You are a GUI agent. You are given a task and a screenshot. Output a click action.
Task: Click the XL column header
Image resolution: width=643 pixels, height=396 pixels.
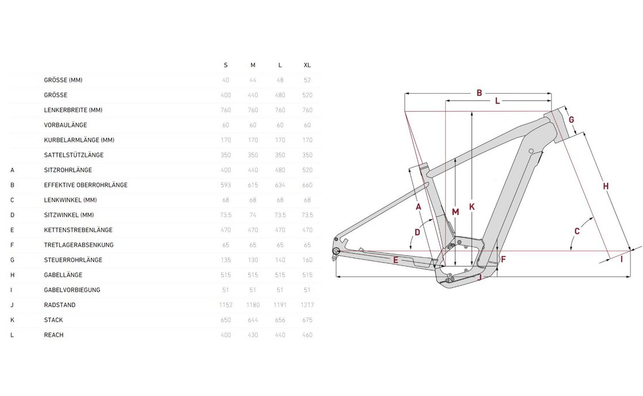[x=307, y=65]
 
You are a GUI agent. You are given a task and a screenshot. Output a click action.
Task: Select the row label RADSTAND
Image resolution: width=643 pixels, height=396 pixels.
[x=60, y=305]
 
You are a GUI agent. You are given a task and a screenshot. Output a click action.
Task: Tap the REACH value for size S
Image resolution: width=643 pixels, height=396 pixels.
[x=225, y=335]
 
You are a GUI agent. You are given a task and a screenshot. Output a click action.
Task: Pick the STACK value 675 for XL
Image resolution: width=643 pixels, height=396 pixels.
[x=307, y=320]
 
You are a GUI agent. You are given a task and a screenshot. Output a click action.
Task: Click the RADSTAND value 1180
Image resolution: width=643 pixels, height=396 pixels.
[x=253, y=305]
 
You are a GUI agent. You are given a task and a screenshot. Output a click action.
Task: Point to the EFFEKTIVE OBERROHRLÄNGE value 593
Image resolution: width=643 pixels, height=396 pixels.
[x=225, y=185]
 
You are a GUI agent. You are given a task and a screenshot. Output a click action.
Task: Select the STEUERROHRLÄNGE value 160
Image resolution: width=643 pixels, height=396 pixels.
[x=307, y=260]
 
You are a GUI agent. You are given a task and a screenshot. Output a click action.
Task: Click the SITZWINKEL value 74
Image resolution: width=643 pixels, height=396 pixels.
[x=253, y=215]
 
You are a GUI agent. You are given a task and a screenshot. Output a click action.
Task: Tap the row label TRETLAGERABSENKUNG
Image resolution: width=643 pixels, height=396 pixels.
[x=79, y=245]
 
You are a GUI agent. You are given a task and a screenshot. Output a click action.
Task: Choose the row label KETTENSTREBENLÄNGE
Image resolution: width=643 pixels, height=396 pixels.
[x=78, y=230]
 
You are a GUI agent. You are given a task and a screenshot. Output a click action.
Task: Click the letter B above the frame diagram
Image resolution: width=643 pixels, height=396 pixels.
[x=479, y=93]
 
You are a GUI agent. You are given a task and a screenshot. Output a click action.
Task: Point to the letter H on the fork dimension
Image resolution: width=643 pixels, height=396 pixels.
[x=606, y=186]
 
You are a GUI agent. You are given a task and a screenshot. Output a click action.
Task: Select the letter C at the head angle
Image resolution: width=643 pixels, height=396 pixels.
[x=577, y=231]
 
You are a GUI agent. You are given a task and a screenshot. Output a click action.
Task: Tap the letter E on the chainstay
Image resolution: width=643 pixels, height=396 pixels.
[x=396, y=260]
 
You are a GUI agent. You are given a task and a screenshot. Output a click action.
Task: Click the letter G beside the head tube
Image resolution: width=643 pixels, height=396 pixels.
[x=572, y=120]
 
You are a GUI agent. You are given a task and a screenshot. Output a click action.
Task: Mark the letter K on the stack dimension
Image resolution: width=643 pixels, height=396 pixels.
[x=472, y=207]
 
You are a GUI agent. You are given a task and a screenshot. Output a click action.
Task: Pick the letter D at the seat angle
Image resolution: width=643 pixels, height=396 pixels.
[x=418, y=232]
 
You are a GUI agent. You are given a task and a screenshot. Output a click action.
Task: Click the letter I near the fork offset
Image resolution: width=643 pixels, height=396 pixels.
[x=621, y=259]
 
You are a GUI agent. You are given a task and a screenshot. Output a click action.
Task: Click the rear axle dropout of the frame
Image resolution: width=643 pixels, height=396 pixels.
[x=336, y=251]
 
